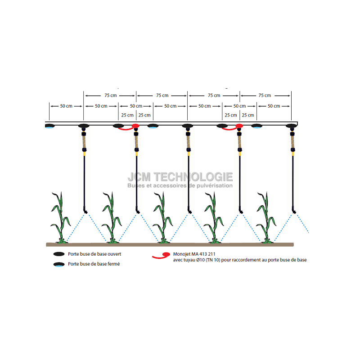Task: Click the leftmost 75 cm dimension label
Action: coord(111,95)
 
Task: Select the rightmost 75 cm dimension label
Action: coord(265,95)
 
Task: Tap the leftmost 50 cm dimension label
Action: coord(66,106)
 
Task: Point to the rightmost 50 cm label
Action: coord(274,106)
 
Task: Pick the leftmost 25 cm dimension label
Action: coord(127,115)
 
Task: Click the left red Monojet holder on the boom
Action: coord(135,126)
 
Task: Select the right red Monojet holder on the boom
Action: coord(239,126)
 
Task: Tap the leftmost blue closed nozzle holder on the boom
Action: coord(49,126)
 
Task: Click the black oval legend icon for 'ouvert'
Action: coord(59,254)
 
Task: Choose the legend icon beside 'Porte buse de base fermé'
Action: coord(59,265)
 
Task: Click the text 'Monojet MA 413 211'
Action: coord(194,254)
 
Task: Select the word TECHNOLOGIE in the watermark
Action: coord(193,177)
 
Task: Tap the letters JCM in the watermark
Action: coord(139,177)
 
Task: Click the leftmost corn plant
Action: coord(61,217)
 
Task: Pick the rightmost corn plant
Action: coord(266,217)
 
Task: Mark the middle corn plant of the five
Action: coord(163,217)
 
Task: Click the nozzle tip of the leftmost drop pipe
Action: coord(85,212)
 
